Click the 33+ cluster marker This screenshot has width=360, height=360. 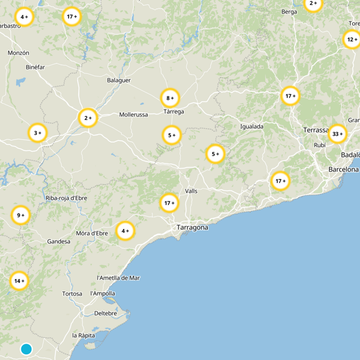tap(337, 134)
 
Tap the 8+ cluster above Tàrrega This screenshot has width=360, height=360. tap(170, 98)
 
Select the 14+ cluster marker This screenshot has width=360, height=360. tap(19, 281)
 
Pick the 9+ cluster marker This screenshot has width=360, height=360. tap(20, 215)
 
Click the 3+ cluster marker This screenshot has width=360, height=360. tap(37, 133)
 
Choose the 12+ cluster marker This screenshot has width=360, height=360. tap(352, 40)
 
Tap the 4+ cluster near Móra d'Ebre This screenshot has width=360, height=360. tap(125, 231)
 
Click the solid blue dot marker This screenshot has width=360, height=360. tap(26, 349)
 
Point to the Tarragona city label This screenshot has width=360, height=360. tap(192, 227)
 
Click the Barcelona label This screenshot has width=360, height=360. tap(343, 169)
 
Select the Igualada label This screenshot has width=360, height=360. tap(252, 126)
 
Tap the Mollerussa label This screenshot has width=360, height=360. tap(133, 115)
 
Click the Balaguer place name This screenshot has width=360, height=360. tap(119, 80)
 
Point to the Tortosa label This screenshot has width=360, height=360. tap(72, 294)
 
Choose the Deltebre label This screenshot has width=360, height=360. tap(106, 313)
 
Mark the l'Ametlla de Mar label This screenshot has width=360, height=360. tap(118, 278)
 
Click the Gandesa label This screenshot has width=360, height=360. tap(58, 242)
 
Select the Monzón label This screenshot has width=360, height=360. tap(18, 53)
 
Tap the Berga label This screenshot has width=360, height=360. tap(289, 12)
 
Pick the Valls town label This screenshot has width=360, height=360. tap(191, 191)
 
